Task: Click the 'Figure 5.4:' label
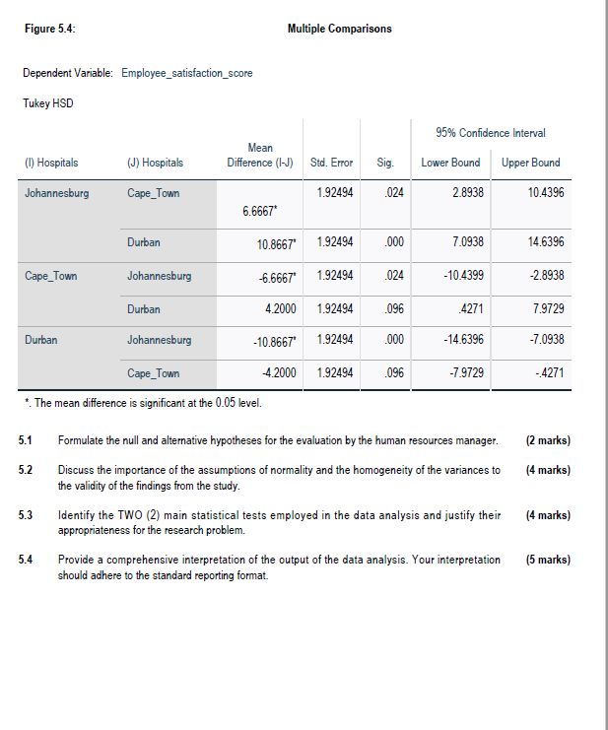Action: pos(48,29)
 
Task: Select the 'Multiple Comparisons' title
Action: pos(339,29)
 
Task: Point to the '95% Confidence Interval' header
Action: pos(490,133)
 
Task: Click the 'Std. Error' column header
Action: pos(331,163)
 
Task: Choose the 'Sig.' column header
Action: pos(385,163)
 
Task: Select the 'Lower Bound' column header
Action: pos(450,163)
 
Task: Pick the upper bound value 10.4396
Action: pos(546,193)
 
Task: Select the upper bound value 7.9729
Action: pos(546,308)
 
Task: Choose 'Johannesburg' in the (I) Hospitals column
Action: pos(56,193)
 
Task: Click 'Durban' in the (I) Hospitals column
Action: pos(41,340)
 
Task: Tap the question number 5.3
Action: pos(26,515)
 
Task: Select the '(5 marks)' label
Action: pos(548,560)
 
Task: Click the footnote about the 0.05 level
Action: pos(141,402)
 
